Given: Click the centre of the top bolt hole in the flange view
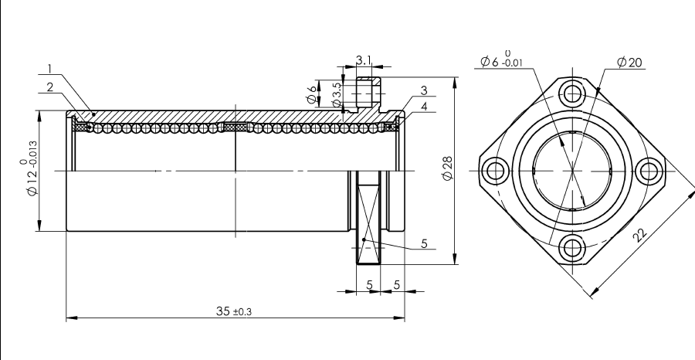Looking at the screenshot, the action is click(572, 94).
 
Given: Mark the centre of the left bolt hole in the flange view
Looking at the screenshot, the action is click(495, 171).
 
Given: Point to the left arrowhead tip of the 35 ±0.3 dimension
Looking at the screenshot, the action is click(66, 318).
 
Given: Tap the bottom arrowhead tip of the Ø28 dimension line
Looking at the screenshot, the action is click(455, 264).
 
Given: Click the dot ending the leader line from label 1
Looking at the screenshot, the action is click(93, 114).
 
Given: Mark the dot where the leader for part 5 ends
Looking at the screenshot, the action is click(364, 239).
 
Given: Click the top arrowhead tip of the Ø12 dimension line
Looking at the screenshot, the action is click(39, 110).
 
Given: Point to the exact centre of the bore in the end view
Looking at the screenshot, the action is click(572, 171).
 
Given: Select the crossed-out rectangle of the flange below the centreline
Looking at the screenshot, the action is click(368, 217).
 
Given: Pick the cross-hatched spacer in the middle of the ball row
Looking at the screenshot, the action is click(235, 127).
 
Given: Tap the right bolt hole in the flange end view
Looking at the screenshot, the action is click(649, 171).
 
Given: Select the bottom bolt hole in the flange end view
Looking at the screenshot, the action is click(572, 248).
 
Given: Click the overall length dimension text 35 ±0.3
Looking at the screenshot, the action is click(233, 311).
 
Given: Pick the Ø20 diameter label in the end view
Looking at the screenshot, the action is click(629, 63).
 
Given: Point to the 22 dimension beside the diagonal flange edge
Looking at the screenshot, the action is click(639, 235).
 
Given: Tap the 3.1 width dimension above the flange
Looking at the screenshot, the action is click(364, 59).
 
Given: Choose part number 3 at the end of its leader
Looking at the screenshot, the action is click(424, 90).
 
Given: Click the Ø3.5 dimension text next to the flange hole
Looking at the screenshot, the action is click(337, 95).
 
